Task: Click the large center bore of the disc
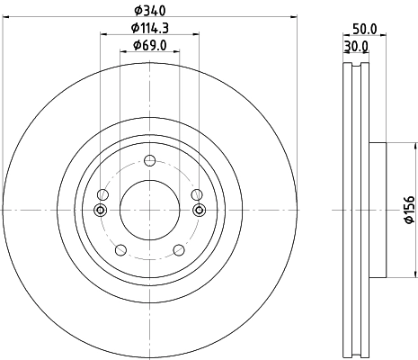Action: click(x=148, y=210)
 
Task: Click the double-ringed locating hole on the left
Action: click(x=99, y=211)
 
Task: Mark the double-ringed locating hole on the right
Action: click(x=199, y=211)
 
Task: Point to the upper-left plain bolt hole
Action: click(x=102, y=194)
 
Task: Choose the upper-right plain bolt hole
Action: click(x=196, y=194)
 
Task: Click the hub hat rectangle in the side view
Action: click(x=377, y=210)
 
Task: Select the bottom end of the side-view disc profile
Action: click(x=357, y=355)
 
